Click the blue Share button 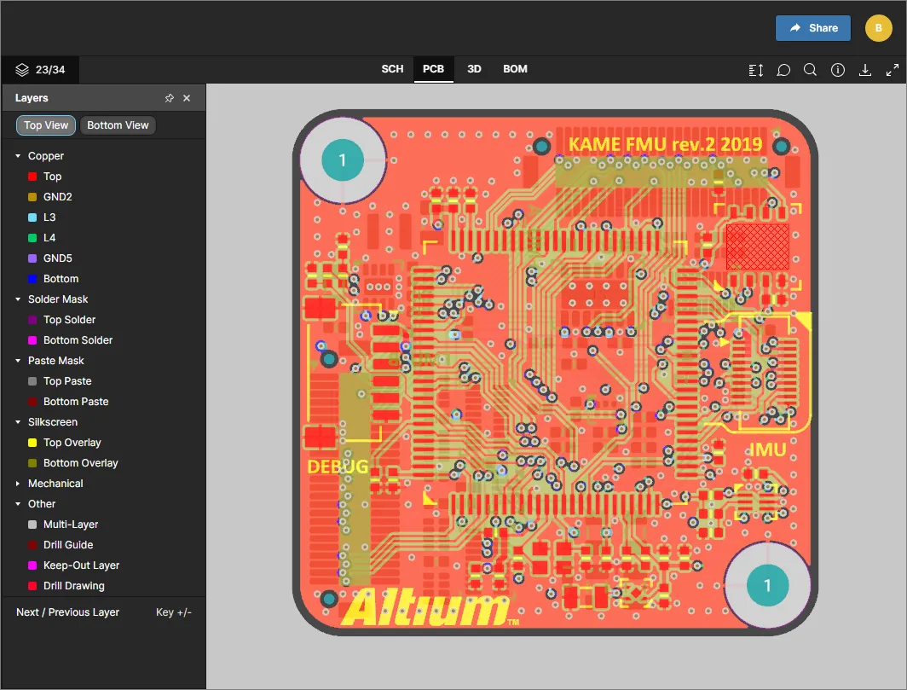[812, 28]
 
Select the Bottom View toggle [118, 125]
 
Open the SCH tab [392, 69]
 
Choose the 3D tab [474, 69]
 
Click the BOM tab [515, 69]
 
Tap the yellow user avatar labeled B [878, 28]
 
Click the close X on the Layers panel [186, 98]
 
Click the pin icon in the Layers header [169, 98]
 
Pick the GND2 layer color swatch [32, 197]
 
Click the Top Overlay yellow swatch [32, 443]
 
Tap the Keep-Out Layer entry [74, 565]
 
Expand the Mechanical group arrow [17, 484]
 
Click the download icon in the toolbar [864, 70]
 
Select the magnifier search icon [810, 70]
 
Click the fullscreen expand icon [892, 70]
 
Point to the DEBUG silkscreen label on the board [338, 467]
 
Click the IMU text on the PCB [767, 449]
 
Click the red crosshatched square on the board [757, 246]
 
